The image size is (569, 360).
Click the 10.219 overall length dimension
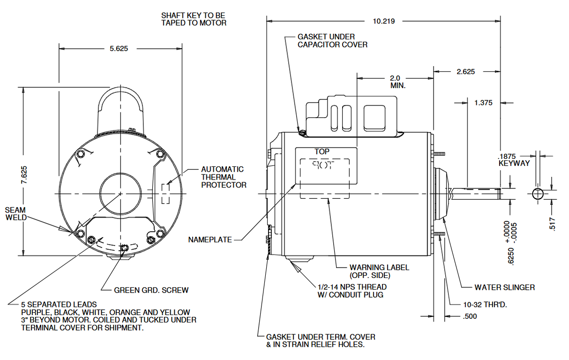tap(383, 21)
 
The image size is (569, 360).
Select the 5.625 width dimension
tap(119, 48)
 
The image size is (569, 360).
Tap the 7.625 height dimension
tap(24, 174)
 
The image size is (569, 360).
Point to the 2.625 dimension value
tap(465, 72)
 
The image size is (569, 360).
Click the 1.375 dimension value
tap(483, 103)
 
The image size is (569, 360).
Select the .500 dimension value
tap(470, 316)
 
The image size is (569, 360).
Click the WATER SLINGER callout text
tap(504, 287)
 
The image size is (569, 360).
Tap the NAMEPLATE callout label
tap(210, 240)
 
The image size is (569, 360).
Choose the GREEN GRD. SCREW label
tap(151, 290)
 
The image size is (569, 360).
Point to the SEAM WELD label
tap(16, 214)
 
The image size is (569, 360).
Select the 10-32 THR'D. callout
tap(485, 305)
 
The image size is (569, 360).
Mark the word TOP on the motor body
tap(322, 152)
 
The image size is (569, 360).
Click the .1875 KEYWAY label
tap(514, 160)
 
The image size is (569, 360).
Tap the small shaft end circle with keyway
tap(538, 194)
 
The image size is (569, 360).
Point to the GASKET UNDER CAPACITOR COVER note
tap(332, 41)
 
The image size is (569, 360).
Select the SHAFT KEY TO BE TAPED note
tap(193, 19)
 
